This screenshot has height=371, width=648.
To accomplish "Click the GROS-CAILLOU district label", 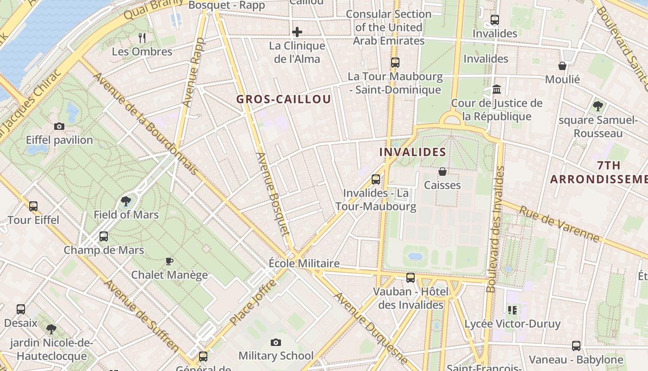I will pyautogui.click(x=284, y=99).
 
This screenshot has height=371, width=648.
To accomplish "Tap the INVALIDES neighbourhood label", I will pyautogui.click(x=413, y=152).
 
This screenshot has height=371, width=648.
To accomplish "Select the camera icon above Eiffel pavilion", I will pyautogui.click(x=59, y=126).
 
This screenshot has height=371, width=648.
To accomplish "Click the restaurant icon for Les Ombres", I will pyautogui.click(x=142, y=38).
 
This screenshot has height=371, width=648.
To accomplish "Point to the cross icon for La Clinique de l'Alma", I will pyautogui.click(x=297, y=32).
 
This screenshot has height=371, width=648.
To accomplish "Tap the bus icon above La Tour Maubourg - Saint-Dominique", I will pyautogui.click(x=395, y=63).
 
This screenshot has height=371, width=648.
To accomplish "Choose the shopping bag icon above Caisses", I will pyautogui.click(x=442, y=172).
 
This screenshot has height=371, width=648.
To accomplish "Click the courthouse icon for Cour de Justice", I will pyautogui.click(x=497, y=89).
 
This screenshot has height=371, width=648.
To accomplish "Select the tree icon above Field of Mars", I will pyautogui.click(x=125, y=201).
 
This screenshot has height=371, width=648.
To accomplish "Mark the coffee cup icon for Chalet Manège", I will pyautogui.click(x=169, y=261).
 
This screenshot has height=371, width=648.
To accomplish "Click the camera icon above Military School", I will pyautogui.click(x=276, y=342).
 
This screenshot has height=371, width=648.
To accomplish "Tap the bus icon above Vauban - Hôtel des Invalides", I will pyautogui.click(x=411, y=278).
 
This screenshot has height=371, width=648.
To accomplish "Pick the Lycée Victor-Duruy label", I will pyautogui.click(x=512, y=324).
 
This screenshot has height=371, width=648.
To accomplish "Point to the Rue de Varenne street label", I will pyautogui.click(x=559, y=224).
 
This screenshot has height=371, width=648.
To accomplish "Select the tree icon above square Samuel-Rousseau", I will pyautogui.click(x=598, y=106).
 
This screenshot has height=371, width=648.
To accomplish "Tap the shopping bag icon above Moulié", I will pyautogui.click(x=562, y=66).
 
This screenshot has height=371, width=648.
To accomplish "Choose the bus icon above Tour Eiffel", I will pyautogui.click(x=33, y=206).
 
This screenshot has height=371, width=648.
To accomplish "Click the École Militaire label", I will pyautogui.click(x=304, y=263).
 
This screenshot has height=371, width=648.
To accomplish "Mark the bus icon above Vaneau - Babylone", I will pyautogui.click(x=576, y=345).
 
